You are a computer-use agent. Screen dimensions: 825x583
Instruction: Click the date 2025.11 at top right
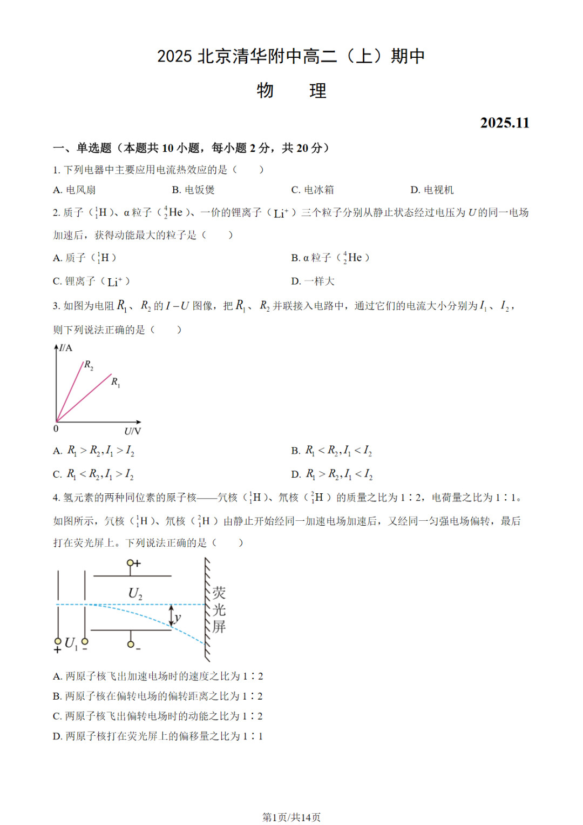coord(504,123)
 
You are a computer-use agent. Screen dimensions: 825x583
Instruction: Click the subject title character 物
coord(265,90)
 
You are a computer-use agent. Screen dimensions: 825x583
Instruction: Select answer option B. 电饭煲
coord(193,190)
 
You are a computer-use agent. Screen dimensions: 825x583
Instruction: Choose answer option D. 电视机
coord(432,190)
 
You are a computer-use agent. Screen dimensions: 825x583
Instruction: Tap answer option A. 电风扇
coord(74,190)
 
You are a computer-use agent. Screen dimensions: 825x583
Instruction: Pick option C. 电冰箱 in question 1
coord(313,190)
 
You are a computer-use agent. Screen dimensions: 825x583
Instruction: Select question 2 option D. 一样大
coord(313,281)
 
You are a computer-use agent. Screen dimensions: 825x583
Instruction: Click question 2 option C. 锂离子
coord(91,281)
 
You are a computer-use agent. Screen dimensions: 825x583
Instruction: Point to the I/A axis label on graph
coord(65,347)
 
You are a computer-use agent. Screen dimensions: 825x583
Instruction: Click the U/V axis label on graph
coord(132,431)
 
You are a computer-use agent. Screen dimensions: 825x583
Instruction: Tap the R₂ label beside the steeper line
coord(89,366)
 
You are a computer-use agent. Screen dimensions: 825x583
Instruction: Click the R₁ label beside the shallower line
coord(116,383)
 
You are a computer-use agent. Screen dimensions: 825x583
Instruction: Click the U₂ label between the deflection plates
coord(135,594)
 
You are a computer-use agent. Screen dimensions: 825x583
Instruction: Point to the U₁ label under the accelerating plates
coord(71,643)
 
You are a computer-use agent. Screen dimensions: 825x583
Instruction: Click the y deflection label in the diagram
coord(178,618)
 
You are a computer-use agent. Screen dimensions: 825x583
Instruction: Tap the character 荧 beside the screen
coord(219,593)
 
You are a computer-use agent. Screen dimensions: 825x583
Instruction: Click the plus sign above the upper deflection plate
coord(137,564)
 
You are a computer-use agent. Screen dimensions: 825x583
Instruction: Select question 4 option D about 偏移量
coord(158,736)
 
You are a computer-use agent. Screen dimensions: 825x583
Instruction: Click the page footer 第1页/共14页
coord(291,817)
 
